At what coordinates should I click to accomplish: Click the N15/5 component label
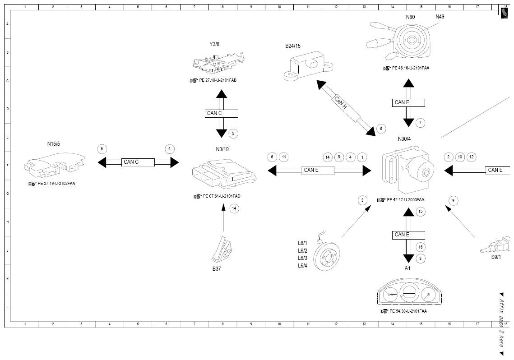pyautogui.click(x=53, y=144)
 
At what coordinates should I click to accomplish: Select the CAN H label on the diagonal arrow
pyautogui.click(x=341, y=102)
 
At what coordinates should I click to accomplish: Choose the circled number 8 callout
pyautogui.click(x=381, y=129)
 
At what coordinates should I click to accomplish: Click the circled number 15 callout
pyautogui.click(x=421, y=212)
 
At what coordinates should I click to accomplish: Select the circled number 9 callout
pyautogui.click(x=454, y=201)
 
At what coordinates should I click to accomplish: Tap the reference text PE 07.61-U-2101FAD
pyautogui.click(x=222, y=196)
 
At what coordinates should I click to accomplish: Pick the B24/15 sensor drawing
pyautogui.click(x=308, y=66)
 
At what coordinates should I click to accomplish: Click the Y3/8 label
pyautogui.click(x=214, y=44)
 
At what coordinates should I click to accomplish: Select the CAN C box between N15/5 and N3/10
pyautogui.click(x=138, y=162)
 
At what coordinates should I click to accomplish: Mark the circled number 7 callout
pyautogui.click(x=420, y=123)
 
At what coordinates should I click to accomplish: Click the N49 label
pyautogui.click(x=440, y=16)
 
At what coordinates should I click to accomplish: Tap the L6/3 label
pyautogui.click(x=302, y=258)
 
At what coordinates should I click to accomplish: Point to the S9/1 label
pyautogui.click(x=496, y=257)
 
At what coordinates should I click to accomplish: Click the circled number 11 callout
pyautogui.click(x=284, y=157)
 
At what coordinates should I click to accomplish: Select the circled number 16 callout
pyautogui.click(x=421, y=247)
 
